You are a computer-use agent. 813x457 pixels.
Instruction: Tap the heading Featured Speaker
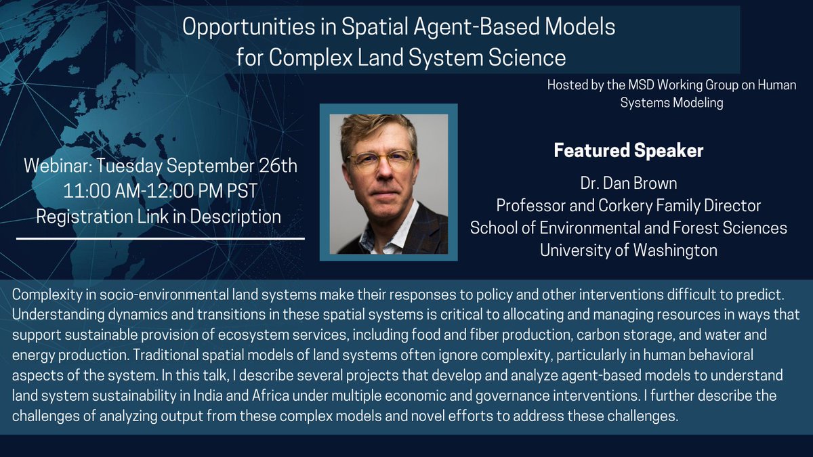pyautogui.click(x=628, y=150)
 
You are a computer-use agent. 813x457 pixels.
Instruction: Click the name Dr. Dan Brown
pyautogui.click(x=628, y=183)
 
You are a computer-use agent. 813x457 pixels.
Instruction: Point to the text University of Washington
pyautogui.click(x=628, y=250)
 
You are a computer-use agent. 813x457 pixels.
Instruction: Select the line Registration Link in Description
pyautogui.click(x=159, y=217)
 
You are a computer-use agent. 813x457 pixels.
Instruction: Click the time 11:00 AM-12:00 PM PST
pyautogui.click(x=160, y=192)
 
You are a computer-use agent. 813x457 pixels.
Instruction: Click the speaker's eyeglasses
pyautogui.click(x=380, y=160)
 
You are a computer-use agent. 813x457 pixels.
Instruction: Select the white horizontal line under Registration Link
pyautogui.click(x=160, y=238)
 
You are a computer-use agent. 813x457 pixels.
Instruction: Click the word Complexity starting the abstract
pyautogui.click(x=47, y=296)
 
